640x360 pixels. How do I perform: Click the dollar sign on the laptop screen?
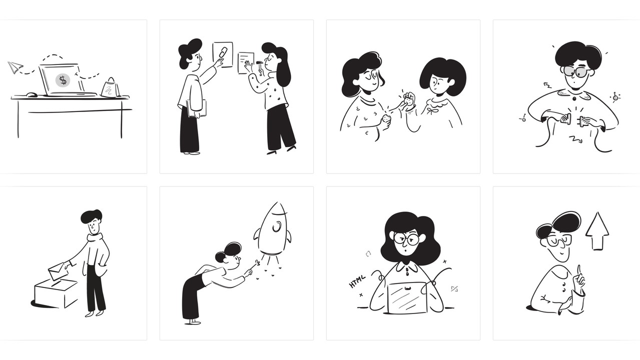[63, 80]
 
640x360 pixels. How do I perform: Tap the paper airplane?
[15, 67]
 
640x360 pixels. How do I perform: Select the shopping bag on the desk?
[110, 88]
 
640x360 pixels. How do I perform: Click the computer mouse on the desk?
[32, 94]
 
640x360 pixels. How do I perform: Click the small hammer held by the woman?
[260, 67]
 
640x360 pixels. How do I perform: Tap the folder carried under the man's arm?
[197, 108]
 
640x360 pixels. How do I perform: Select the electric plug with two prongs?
[585, 121]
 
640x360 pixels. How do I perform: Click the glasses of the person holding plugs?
[575, 71]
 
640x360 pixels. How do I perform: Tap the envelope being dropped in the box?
[58, 270]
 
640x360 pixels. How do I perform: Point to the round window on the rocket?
[277, 226]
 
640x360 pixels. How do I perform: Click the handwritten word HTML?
[357, 281]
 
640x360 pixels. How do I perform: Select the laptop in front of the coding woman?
[407, 297]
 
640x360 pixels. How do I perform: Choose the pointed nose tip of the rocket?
[277, 202]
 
